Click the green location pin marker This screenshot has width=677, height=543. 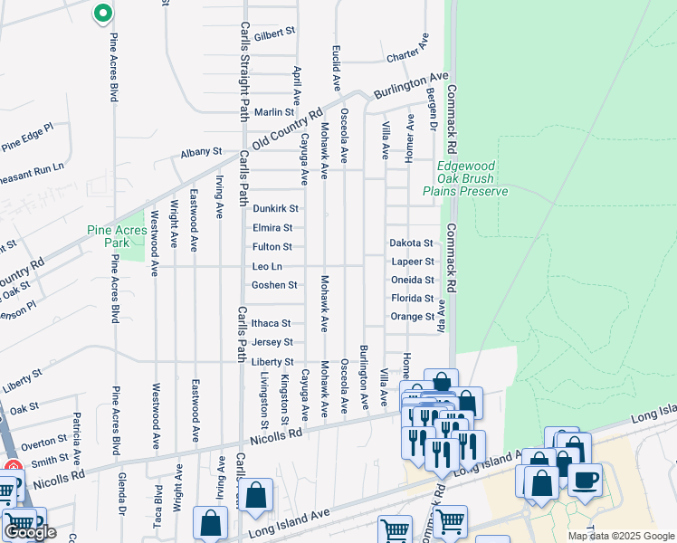[x=103, y=14]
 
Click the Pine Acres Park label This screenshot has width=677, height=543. [x=117, y=236]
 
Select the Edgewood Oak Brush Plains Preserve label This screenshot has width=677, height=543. [x=467, y=178]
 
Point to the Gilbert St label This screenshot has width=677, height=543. [x=275, y=33]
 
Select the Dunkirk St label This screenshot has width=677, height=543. [x=275, y=208]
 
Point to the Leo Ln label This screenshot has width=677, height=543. [x=267, y=266]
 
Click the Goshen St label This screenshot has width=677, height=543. [x=274, y=285]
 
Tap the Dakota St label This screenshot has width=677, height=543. [x=412, y=243]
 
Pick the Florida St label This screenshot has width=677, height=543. [x=412, y=298]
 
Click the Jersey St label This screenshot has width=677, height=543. [x=272, y=342]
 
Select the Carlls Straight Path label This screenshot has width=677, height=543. [x=243, y=72]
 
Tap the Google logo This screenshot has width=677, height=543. [x=30, y=532]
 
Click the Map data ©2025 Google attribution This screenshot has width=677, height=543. [x=620, y=536]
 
